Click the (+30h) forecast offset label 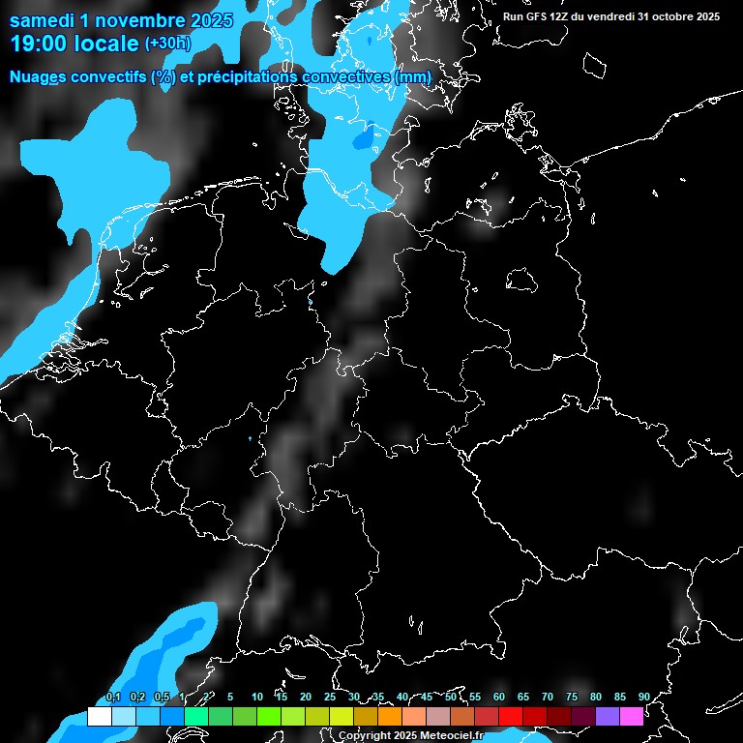[x=167, y=43]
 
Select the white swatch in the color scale [x=99, y=717]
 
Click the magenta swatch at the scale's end [x=632, y=717]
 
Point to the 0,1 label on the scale [x=112, y=698]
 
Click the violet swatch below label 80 [x=608, y=717]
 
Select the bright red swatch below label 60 [x=511, y=717]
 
